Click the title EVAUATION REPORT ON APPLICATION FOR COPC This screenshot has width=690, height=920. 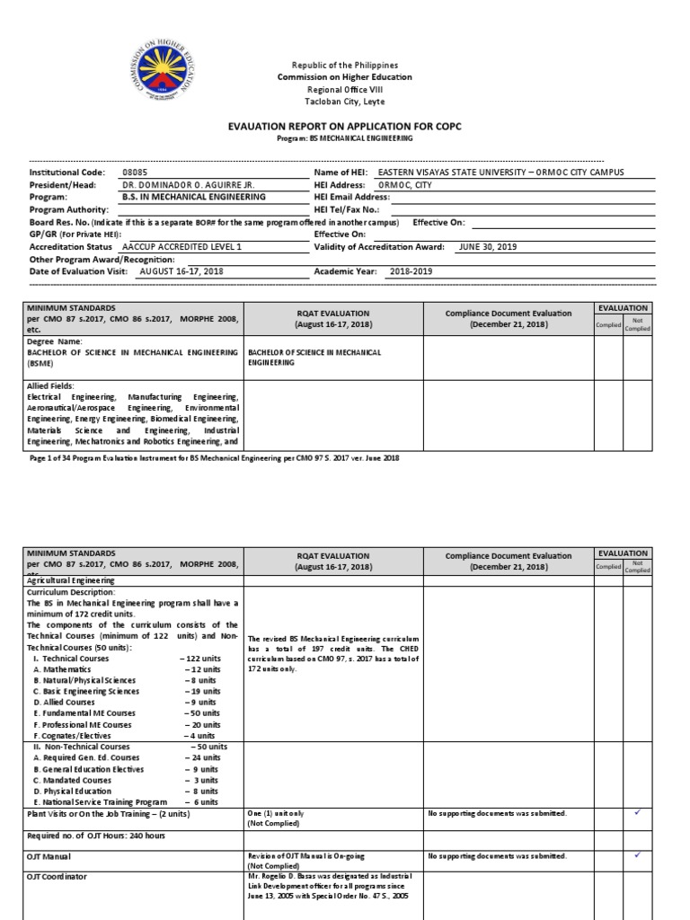click(x=345, y=128)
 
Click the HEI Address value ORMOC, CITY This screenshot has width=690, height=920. click(x=405, y=184)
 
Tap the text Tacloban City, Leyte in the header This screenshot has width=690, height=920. click(x=345, y=102)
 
